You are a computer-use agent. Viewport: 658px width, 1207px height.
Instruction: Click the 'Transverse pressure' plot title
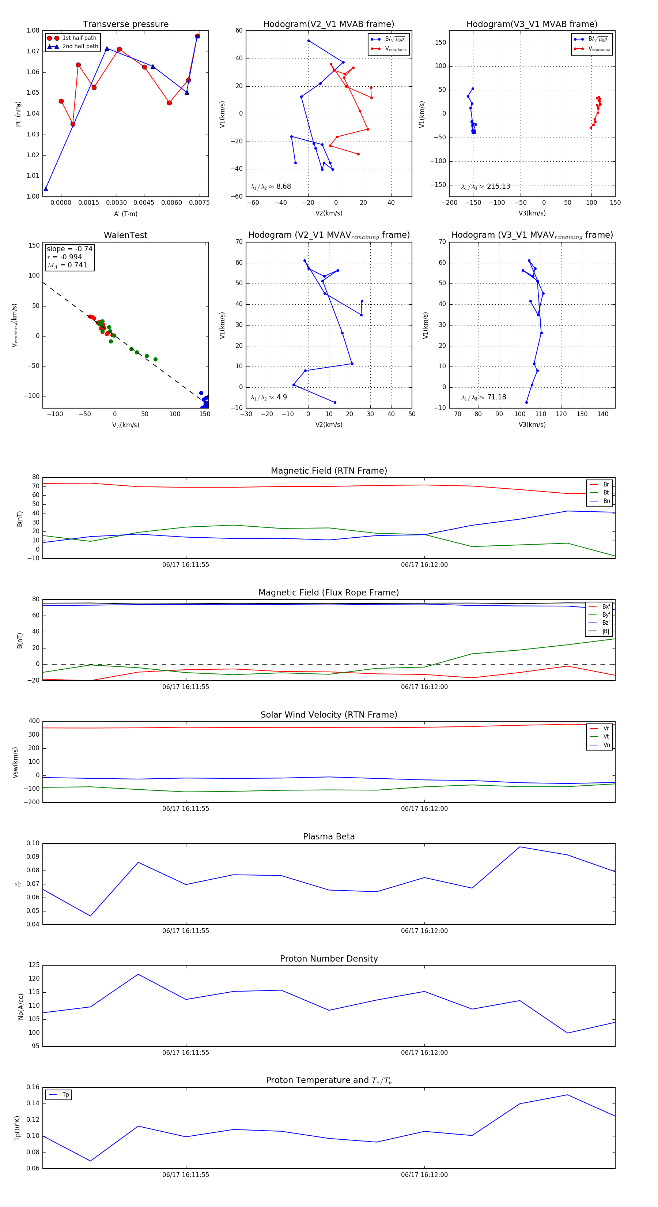125,25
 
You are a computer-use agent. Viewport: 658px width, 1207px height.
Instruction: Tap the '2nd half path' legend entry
80,46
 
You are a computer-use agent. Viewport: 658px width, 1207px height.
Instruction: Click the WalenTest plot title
125,235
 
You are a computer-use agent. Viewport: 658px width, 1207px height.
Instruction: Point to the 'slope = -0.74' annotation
69,249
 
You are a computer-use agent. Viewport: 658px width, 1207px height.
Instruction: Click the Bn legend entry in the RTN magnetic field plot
606,501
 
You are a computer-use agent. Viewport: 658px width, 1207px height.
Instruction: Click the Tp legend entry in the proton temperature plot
65,1095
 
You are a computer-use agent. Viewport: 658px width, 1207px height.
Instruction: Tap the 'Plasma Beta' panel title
329,837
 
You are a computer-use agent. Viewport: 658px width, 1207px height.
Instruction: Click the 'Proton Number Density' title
329,959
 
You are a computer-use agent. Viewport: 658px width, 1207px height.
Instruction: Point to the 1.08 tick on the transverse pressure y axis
33,30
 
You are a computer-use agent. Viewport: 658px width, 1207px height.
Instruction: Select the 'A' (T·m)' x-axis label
125,214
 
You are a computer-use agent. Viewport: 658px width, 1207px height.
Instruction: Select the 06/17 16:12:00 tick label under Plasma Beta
424,931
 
